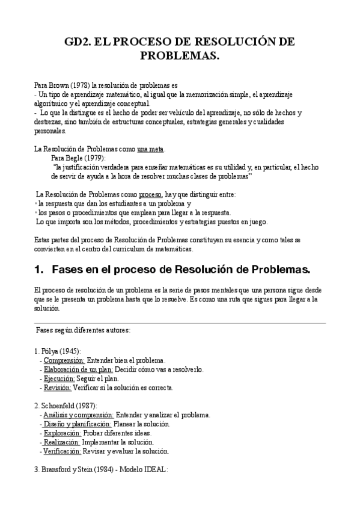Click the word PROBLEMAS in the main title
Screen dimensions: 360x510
[x=180, y=56]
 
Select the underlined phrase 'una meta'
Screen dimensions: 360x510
[x=150, y=149]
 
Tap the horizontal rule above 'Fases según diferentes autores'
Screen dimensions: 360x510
[x=180, y=323]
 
